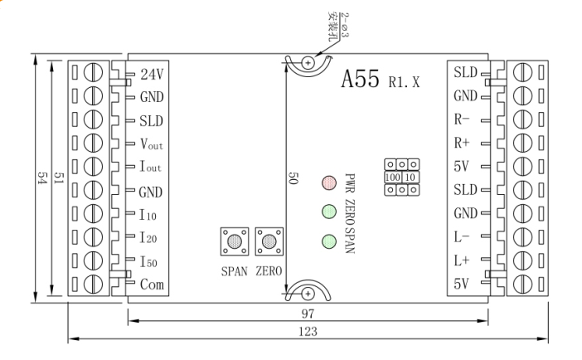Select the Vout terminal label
click(x=152, y=144)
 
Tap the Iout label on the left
click(x=151, y=168)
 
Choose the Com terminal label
click(x=151, y=285)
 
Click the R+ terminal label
click(x=462, y=143)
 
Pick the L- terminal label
click(x=462, y=236)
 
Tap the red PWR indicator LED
click(x=327, y=181)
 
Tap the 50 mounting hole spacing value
click(x=293, y=180)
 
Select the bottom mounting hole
click(x=308, y=293)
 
